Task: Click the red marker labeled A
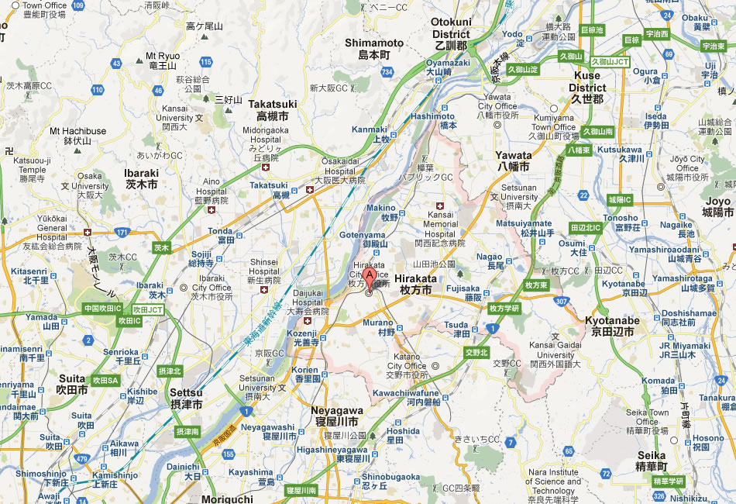(x=370, y=275)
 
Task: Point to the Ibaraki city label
(x=141, y=178)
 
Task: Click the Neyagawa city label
(x=336, y=416)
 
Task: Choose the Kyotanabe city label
(x=612, y=326)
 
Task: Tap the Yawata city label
(x=513, y=161)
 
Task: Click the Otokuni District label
(x=451, y=40)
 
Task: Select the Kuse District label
(x=586, y=87)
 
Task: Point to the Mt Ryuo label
(x=163, y=60)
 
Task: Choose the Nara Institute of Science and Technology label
(x=554, y=482)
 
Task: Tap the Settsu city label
(x=186, y=399)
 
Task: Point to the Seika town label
(x=652, y=461)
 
